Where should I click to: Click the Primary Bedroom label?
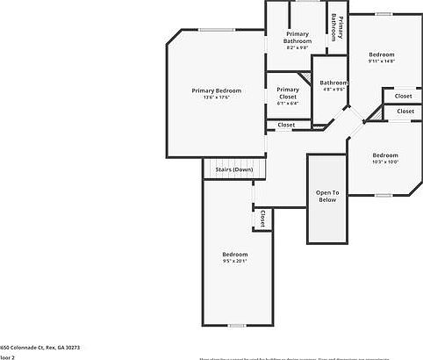[x=217, y=90]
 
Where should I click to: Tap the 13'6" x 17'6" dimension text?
[x=217, y=97]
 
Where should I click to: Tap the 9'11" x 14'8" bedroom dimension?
[x=381, y=61]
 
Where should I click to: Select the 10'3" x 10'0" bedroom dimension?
[x=385, y=162]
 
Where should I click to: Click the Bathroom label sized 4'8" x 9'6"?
[x=333, y=83]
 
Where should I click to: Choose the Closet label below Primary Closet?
[x=287, y=125]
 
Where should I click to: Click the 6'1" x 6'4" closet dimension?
[x=288, y=103]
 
